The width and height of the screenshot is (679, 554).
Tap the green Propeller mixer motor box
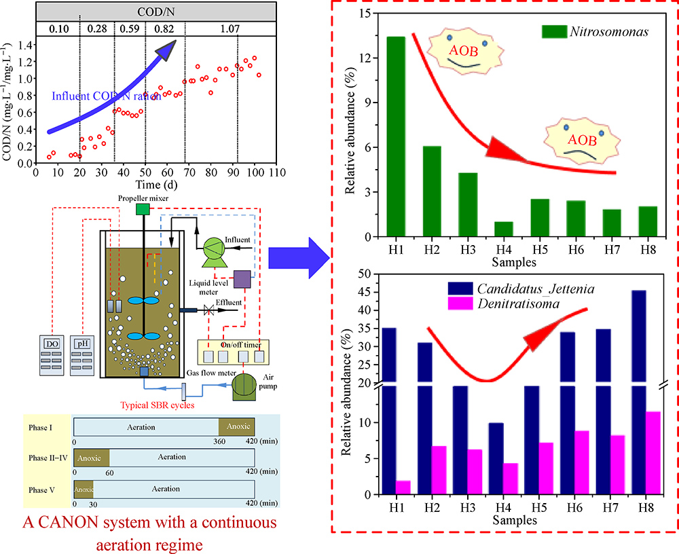tap(143, 208)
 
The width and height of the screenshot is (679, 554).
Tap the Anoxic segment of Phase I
tap(236, 427)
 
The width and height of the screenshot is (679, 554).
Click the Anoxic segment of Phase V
tap(84, 488)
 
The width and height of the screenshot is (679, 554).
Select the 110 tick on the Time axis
tap(274, 174)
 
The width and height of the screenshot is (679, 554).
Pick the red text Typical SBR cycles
tap(158, 405)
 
